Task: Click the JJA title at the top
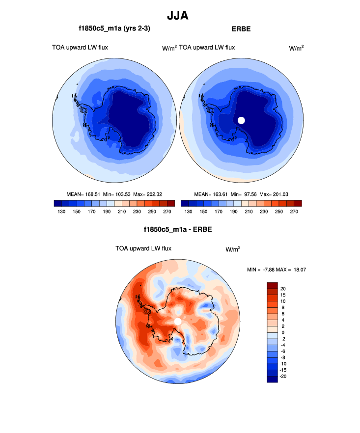tap(177, 16)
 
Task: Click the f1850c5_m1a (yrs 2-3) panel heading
tap(114, 29)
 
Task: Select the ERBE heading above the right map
tap(241, 29)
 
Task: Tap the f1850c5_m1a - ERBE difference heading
tap(178, 229)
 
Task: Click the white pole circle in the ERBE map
tap(241, 120)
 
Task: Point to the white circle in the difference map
tap(178, 321)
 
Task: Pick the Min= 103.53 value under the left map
tap(114, 194)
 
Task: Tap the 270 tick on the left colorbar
tap(167, 212)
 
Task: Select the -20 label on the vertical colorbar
tap(283, 377)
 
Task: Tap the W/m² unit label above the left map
tap(169, 48)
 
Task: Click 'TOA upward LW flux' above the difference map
tap(143, 248)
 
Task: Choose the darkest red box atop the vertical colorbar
tap(273, 285)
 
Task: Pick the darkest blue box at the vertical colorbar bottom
tap(273, 379)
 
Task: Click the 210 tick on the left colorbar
tap(117, 212)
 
